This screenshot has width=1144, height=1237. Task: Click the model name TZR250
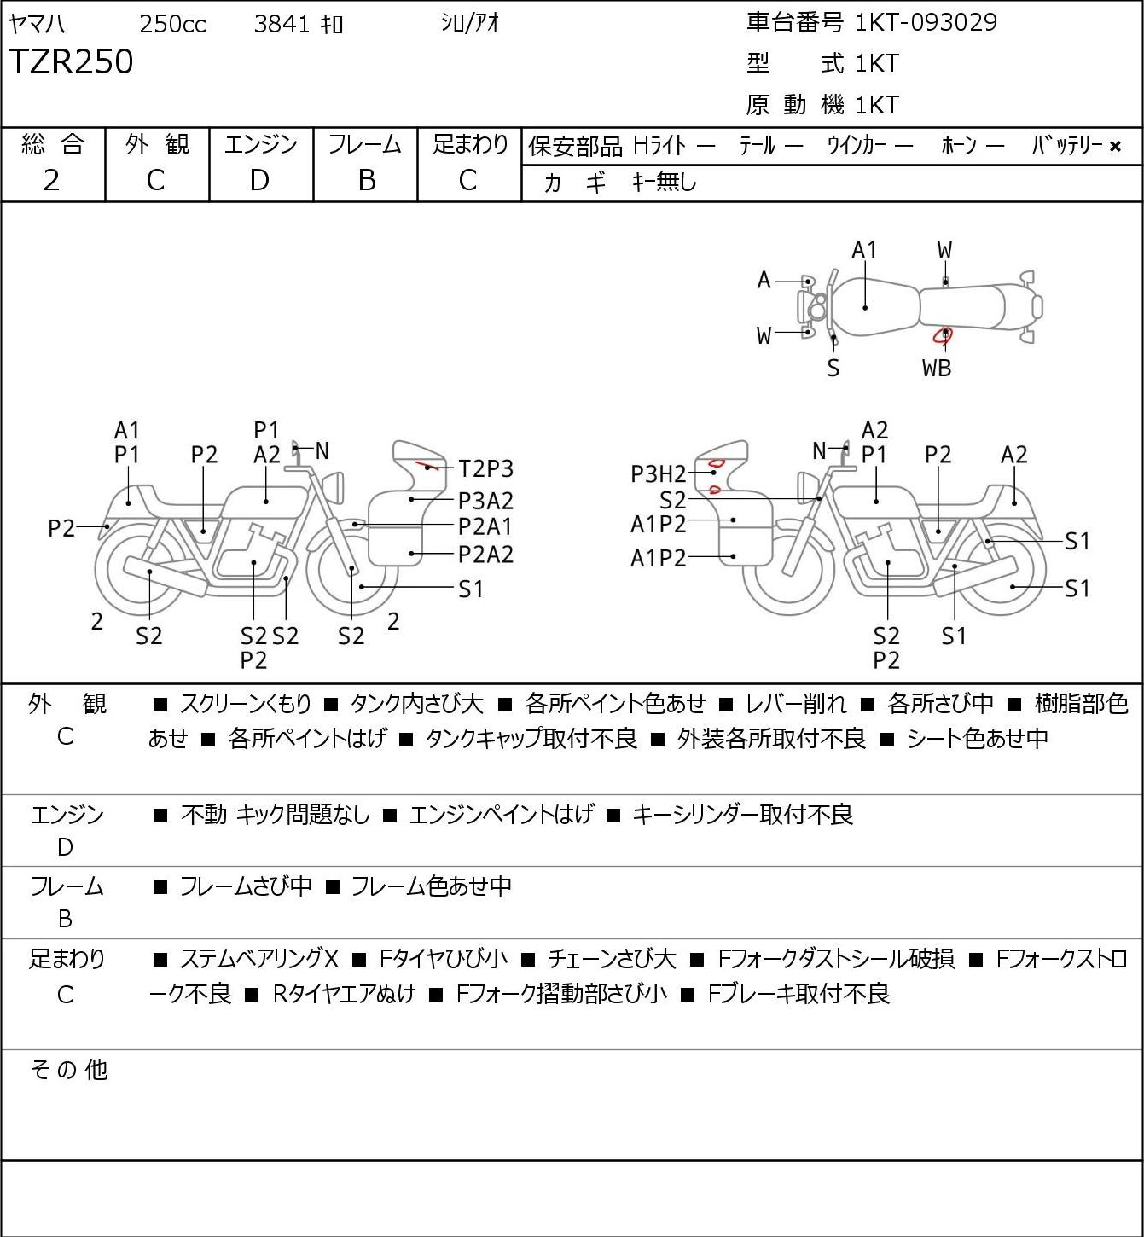click(x=71, y=61)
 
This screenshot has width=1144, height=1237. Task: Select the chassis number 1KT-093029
click(x=926, y=23)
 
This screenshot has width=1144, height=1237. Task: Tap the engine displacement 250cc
click(x=172, y=24)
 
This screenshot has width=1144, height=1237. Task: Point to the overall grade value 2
click(x=52, y=181)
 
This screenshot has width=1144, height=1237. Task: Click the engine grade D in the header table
click(x=260, y=181)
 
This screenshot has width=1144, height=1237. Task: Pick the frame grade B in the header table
click(x=367, y=181)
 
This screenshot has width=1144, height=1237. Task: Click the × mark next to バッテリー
click(x=1115, y=147)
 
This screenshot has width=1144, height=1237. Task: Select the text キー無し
click(x=665, y=183)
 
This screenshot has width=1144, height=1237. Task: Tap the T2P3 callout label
click(x=486, y=469)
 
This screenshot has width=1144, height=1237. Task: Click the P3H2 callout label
click(x=658, y=474)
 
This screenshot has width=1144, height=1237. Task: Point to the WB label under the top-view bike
click(x=937, y=368)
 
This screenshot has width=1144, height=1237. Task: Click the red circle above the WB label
click(x=943, y=336)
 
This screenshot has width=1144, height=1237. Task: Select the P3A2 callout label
click(x=486, y=501)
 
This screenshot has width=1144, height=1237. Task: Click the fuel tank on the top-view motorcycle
click(x=875, y=307)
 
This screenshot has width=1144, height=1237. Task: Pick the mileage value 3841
click(x=282, y=24)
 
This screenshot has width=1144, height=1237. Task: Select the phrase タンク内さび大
click(x=417, y=704)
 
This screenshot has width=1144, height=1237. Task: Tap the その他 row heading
click(x=69, y=1070)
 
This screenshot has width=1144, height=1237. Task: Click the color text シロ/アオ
click(x=470, y=23)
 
